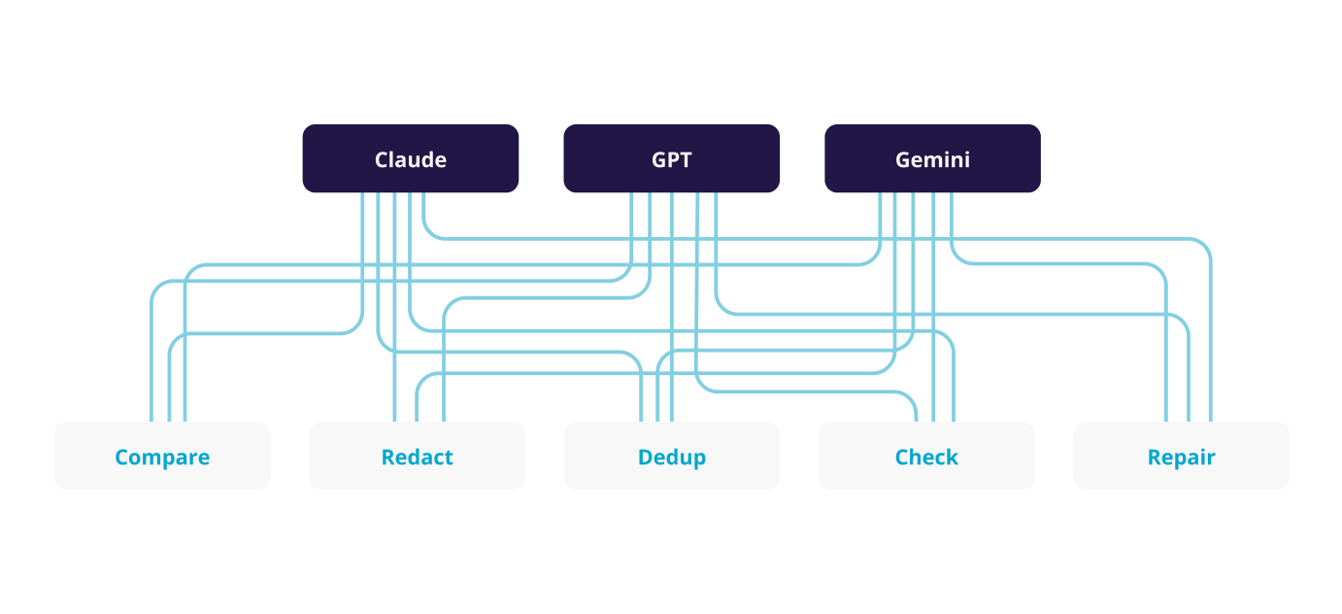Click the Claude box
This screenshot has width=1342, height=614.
click(410, 158)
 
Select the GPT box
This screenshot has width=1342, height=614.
click(671, 158)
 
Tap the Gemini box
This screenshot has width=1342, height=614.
click(932, 158)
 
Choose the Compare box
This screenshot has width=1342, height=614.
click(162, 456)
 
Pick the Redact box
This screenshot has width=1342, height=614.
click(417, 456)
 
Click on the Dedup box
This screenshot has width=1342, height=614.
click(671, 456)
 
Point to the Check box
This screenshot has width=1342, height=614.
click(926, 456)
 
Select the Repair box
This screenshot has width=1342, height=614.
click(1181, 456)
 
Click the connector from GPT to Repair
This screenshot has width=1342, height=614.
click(971, 314)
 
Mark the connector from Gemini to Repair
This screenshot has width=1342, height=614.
click(1068, 263)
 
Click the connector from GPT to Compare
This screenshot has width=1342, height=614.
click(388, 281)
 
